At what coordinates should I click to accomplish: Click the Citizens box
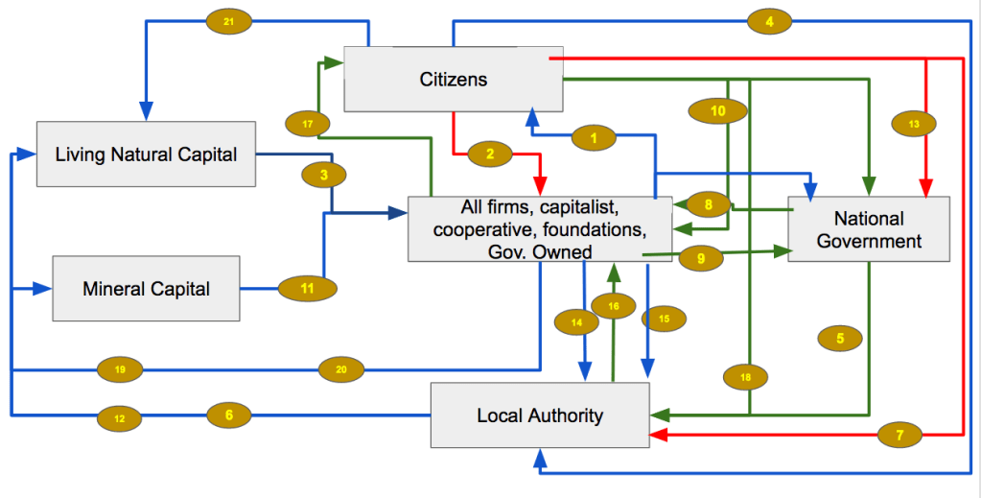coord(453,79)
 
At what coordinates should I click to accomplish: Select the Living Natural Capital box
coord(146,154)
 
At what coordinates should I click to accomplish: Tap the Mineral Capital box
coord(146,288)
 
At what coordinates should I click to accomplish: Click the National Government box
coord(869,229)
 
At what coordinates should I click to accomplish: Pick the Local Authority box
coord(540,415)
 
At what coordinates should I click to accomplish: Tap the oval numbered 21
coord(227,21)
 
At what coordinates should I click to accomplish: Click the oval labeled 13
coord(913,124)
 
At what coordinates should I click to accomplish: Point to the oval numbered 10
coord(718,111)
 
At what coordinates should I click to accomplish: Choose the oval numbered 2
coord(490,154)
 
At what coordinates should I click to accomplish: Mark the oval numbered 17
coord(307,124)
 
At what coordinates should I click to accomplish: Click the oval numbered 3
coord(324,175)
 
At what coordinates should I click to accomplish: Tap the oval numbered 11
coord(307,287)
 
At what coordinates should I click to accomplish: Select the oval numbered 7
coord(899,436)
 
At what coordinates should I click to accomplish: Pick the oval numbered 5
coord(840,338)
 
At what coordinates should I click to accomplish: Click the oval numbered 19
coord(120,368)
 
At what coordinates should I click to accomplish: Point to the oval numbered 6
coord(228,415)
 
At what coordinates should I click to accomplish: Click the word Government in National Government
coord(869,241)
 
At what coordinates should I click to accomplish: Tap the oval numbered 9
coord(701,257)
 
